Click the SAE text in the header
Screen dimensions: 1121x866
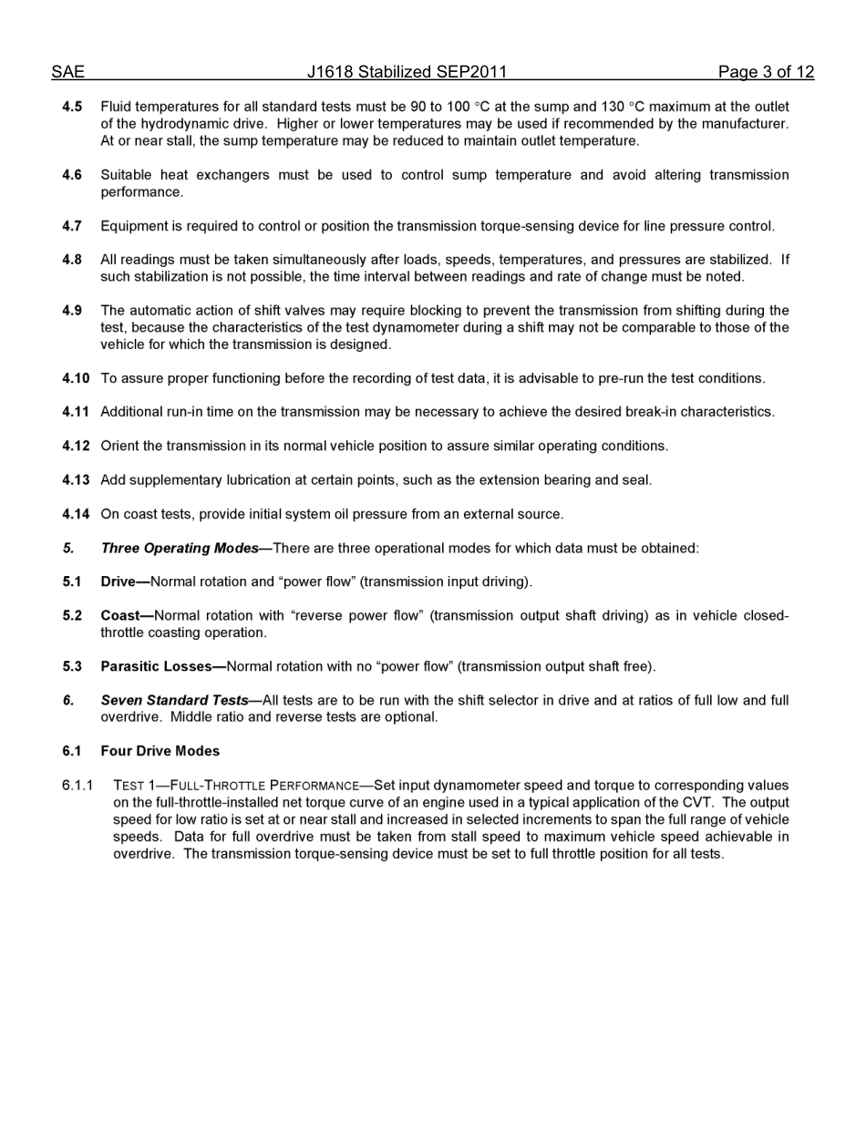tap(67, 72)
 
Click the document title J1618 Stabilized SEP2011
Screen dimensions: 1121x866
tap(407, 72)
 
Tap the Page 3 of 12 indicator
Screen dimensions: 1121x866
tap(766, 72)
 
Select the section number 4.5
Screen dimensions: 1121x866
tap(72, 107)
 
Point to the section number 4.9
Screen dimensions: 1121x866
tap(72, 311)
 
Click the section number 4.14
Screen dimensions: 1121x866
tap(76, 514)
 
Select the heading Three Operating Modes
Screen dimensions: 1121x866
tap(180, 549)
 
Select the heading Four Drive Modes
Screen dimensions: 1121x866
tap(160, 752)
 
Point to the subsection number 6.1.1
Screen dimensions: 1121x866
tap(77, 786)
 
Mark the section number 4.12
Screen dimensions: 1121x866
tap(76, 447)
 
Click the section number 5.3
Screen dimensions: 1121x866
tap(72, 667)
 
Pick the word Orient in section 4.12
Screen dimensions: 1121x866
tap(119, 447)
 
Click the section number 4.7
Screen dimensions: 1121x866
tap(72, 226)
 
